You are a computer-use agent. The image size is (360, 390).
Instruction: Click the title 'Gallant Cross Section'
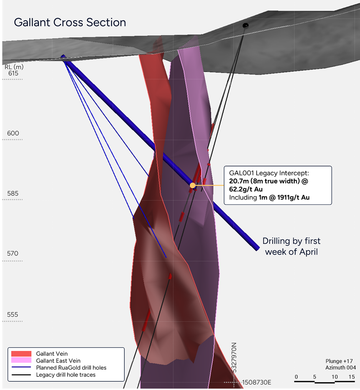(x=70, y=22)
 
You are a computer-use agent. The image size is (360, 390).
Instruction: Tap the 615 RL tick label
(x=13, y=73)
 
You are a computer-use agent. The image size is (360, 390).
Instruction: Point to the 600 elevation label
(x=13, y=133)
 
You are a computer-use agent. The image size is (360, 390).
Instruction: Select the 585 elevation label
(x=13, y=193)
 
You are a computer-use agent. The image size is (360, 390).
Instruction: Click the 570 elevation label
(x=13, y=253)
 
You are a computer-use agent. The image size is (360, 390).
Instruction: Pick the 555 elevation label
(x=13, y=315)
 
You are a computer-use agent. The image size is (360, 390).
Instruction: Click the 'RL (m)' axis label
(x=14, y=67)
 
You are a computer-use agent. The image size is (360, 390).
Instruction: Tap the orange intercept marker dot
(x=192, y=185)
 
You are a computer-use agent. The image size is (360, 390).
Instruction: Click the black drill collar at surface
(x=245, y=25)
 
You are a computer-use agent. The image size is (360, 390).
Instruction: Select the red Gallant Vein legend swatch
(x=21, y=354)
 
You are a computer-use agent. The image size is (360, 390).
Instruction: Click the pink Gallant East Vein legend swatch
(x=21, y=360)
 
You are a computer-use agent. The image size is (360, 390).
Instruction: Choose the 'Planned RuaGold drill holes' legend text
(x=71, y=368)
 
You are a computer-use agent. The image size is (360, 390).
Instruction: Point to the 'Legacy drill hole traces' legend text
(x=66, y=375)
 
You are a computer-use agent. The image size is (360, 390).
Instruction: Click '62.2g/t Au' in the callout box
(x=246, y=189)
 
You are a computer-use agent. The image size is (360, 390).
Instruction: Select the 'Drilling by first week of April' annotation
(x=291, y=246)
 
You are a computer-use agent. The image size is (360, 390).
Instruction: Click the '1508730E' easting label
(x=256, y=382)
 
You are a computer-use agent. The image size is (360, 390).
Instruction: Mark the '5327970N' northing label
(x=234, y=358)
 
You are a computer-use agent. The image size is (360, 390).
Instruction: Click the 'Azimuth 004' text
(x=340, y=368)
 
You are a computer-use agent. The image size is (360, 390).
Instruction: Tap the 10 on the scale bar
(x=335, y=377)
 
